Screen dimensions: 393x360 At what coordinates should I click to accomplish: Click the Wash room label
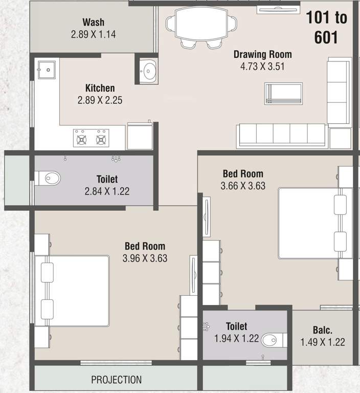point(93,22)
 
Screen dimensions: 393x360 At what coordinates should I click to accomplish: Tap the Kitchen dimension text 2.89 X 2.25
point(100,100)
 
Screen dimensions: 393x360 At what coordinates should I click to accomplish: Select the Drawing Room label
point(262,54)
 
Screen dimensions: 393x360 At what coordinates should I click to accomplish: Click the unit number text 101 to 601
point(326,27)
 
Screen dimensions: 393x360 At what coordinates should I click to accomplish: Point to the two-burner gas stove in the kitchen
point(92,138)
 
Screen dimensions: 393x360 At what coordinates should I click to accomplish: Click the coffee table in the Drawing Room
point(283,94)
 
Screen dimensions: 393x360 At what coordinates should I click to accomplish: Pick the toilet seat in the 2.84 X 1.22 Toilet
point(50,178)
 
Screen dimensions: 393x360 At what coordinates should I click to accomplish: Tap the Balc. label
point(322,331)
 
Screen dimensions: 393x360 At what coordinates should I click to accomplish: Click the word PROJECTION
point(116,380)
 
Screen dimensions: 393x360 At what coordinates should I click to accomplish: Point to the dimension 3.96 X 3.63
point(145,258)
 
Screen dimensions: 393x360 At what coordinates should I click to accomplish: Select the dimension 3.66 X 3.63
point(243,186)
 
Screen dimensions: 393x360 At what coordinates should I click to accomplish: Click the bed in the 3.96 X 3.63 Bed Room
point(77,291)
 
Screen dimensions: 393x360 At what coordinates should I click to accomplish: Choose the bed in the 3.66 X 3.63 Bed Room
point(309,223)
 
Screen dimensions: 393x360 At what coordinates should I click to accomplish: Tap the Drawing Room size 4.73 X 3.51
point(262,67)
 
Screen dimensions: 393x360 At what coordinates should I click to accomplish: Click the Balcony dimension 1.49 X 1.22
point(322,342)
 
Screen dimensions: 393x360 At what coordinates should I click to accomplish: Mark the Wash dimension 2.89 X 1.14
point(93,34)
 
